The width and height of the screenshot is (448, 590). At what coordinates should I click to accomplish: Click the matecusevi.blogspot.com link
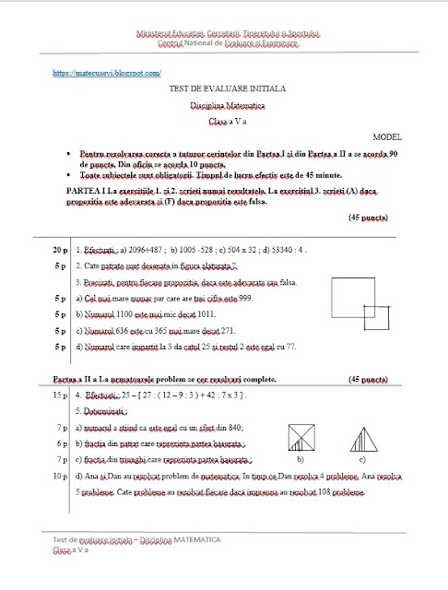tap(108, 71)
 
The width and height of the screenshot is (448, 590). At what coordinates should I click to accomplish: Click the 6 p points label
tap(62, 443)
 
